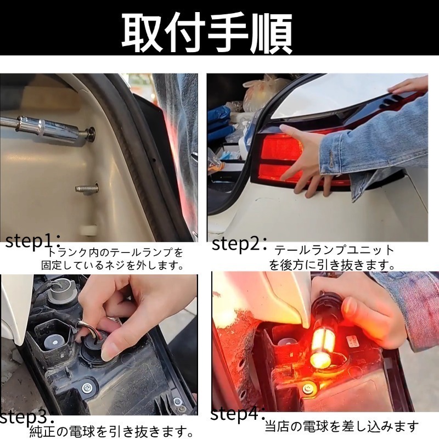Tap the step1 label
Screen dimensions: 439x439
pyautogui.click(x=32, y=241)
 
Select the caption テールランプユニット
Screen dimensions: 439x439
pyautogui.click(x=334, y=250)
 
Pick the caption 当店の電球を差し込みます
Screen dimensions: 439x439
pyautogui.click(x=341, y=426)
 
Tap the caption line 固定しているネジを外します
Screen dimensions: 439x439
pyautogui.click(x=112, y=266)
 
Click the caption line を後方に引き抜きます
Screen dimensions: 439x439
pyautogui.click(x=333, y=265)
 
